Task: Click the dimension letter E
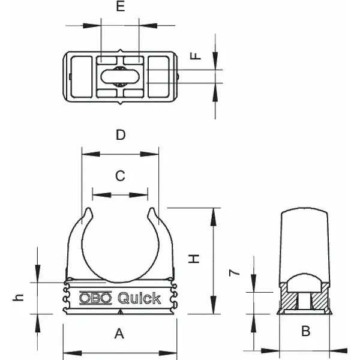coord(121,6)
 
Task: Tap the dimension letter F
coord(196,56)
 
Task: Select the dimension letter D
coord(121,135)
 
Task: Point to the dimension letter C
coord(120,176)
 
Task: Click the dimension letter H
coord(194,259)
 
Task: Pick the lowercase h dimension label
coord(18,298)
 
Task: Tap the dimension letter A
coord(119,334)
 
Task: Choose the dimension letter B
coord(305,331)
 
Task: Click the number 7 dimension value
coord(235,273)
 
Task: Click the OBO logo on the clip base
coord(95,298)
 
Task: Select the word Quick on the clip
coord(139,298)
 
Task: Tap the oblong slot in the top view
coord(120,76)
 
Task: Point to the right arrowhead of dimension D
coord(149,154)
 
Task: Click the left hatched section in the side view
coord(289,298)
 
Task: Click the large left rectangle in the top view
coord(82,77)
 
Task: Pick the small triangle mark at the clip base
coord(121,312)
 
